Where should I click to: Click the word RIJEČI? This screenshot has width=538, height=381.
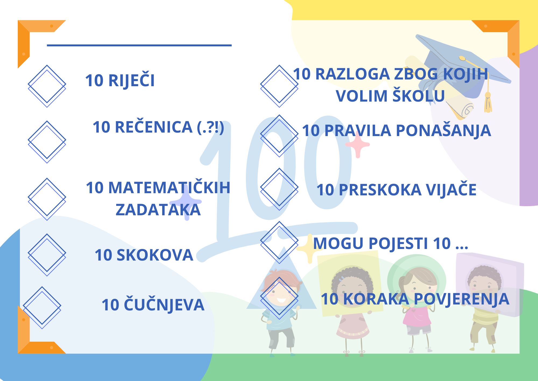pyautogui.click(x=132, y=80)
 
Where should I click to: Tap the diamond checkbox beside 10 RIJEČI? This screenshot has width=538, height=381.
pyautogui.click(x=47, y=86)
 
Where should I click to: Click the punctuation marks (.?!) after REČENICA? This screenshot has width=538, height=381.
pyautogui.click(x=211, y=127)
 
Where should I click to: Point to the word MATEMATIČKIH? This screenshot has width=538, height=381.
pyautogui.click(x=169, y=188)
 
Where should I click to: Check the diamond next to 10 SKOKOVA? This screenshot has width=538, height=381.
pyautogui.click(x=47, y=255)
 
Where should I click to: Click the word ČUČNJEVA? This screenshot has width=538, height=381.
pyautogui.click(x=164, y=305)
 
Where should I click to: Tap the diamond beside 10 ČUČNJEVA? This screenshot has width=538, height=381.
pyautogui.click(x=42, y=307)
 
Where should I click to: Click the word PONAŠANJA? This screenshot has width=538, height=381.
pyautogui.click(x=444, y=130)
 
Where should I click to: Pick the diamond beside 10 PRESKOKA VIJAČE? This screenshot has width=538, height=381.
pyautogui.click(x=279, y=189)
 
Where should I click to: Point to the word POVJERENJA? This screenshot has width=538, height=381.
pyautogui.click(x=461, y=299)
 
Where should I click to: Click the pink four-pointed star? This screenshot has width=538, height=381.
pyautogui.click(x=358, y=145)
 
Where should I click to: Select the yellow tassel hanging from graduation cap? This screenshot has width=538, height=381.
pyautogui.click(x=488, y=102)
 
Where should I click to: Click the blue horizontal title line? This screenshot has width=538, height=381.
pyautogui.click(x=139, y=45)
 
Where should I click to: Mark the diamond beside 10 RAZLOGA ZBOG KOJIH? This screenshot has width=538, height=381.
pyautogui.click(x=279, y=86)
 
